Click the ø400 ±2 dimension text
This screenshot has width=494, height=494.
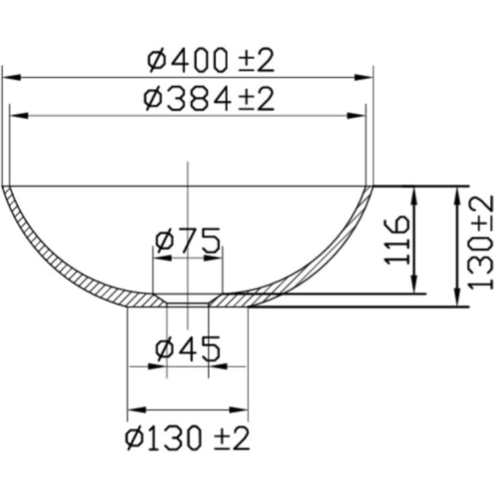click(x=211, y=61)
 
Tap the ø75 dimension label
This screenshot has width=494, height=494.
click(x=188, y=241)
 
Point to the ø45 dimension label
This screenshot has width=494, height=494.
click(x=188, y=349)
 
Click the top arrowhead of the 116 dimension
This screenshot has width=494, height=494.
click(x=416, y=192)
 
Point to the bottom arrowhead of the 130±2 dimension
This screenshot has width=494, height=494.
click(x=458, y=300)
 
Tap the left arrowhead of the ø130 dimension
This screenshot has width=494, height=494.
click(x=133, y=409)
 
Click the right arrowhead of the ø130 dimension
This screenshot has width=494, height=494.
click(x=243, y=409)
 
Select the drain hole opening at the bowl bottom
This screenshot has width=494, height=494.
click(x=188, y=301)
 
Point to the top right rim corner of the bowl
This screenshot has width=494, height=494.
click(x=372, y=186)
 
